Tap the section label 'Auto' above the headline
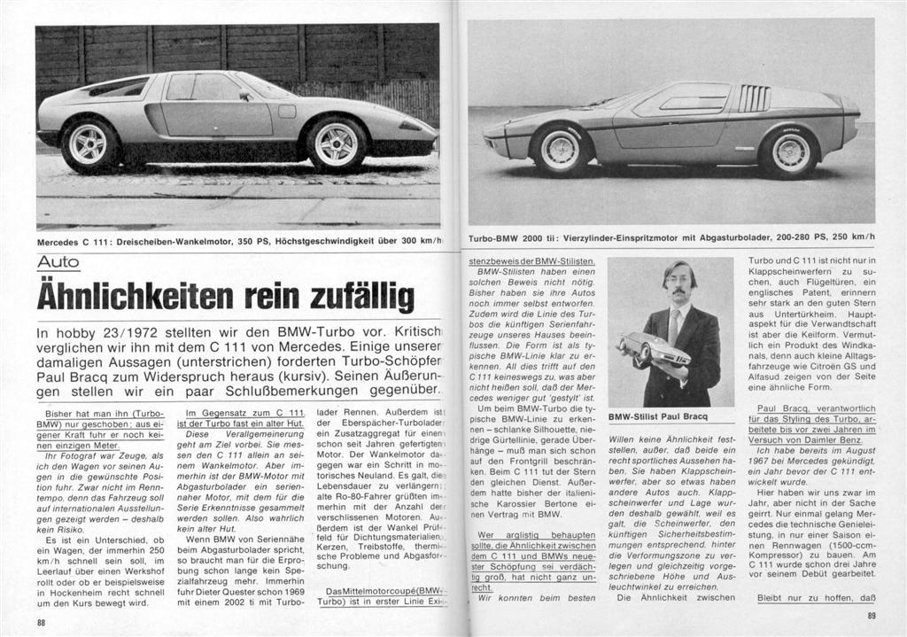pos(58,262)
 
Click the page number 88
pos(42,623)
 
